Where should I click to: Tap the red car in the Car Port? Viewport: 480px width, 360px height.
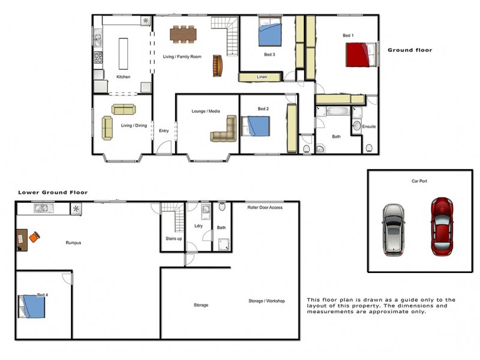point(442,226)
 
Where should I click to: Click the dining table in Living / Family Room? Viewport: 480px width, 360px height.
point(183,34)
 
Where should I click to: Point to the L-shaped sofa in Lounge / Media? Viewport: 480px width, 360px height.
point(225,130)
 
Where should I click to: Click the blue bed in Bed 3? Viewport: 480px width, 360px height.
point(269,34)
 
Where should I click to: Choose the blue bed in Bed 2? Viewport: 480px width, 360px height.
point(257,127)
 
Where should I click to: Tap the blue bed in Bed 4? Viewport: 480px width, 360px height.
point(33,307)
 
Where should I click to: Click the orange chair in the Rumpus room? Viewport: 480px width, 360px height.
point(34,238)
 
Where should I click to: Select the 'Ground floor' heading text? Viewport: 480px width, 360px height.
point(409,50)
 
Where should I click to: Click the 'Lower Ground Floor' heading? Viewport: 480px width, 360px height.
point(53,193)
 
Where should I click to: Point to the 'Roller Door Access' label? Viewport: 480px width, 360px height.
point(265,208)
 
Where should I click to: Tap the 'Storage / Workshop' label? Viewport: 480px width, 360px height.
point(266,301)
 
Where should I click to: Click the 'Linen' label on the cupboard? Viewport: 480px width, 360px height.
point(262,77)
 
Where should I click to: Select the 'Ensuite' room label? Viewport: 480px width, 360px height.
point(370,127)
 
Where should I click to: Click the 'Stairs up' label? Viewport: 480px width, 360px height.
point(174,239)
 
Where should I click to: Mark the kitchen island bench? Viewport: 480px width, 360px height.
point(123,55)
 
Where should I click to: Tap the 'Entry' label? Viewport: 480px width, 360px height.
point(164,131)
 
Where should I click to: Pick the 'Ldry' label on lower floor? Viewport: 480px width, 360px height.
point(199,226)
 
